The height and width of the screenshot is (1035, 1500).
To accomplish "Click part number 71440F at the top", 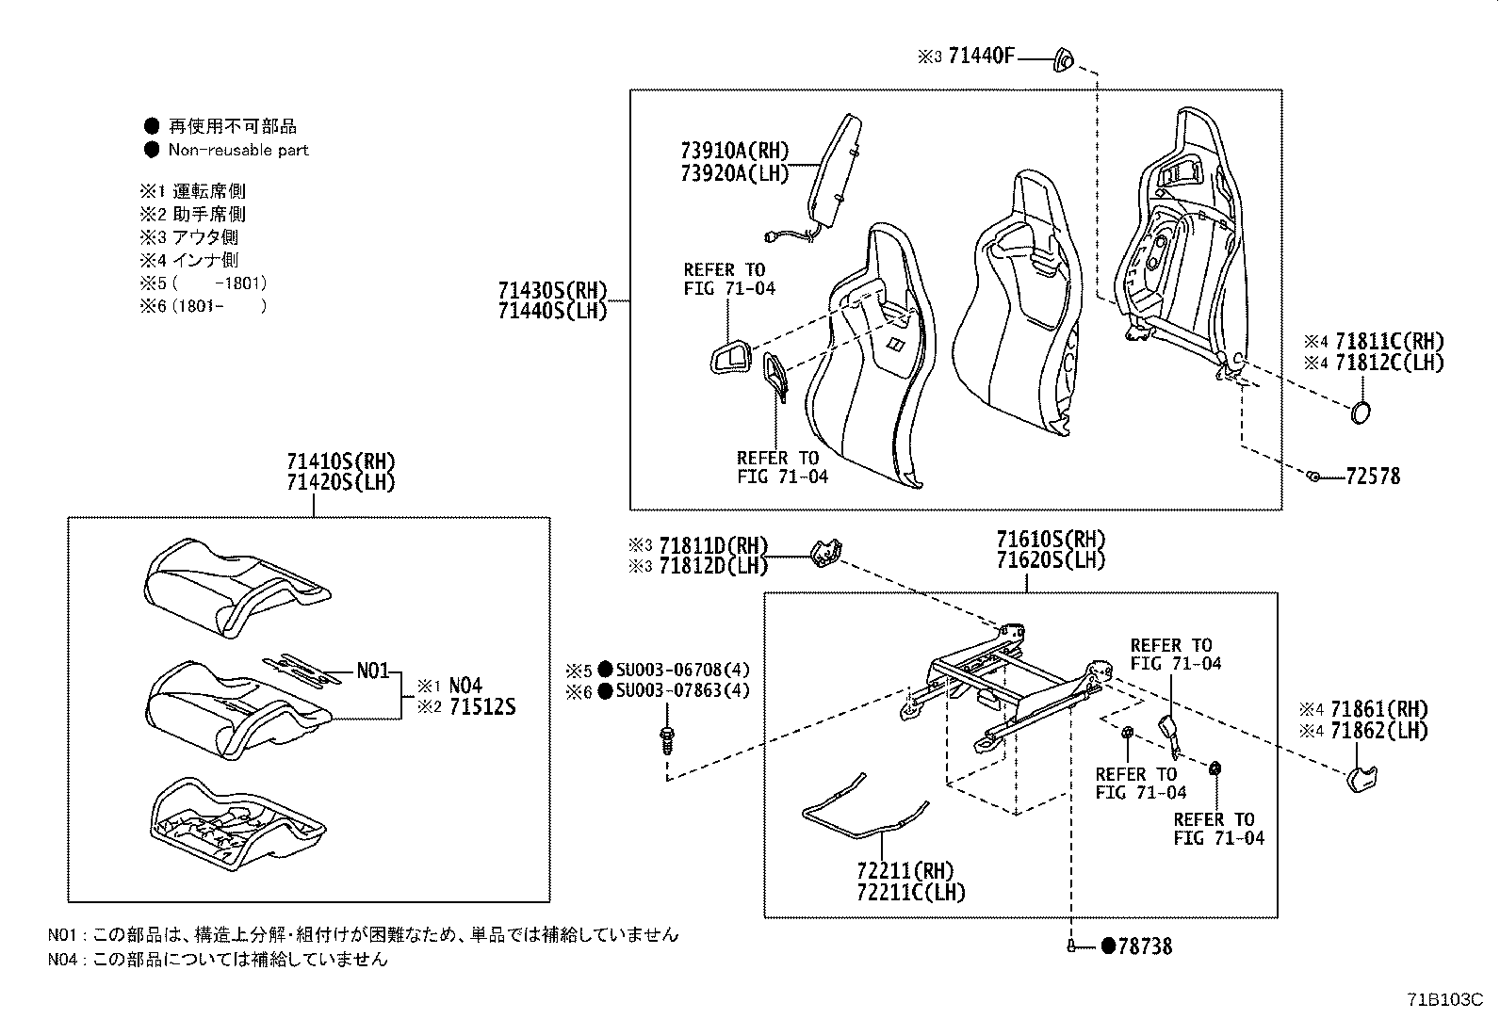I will tap(981, 57).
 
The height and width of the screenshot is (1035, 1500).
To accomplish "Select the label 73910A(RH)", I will tap(734, 151).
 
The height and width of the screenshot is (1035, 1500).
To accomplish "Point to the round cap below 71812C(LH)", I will tap(1360, 412).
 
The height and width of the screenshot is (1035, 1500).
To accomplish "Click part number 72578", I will tap(1373, 477).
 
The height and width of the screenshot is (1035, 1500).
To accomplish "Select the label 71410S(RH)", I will tap(341, 461).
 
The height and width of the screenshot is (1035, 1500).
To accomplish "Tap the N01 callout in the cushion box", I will tap(372, 671).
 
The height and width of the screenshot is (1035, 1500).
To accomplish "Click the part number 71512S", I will tap(481, 707).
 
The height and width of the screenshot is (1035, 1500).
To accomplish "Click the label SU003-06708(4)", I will tap(683, 671).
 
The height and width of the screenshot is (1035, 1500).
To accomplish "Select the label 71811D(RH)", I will tap(713, 546).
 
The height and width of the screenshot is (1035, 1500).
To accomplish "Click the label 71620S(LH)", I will tap(1051, 560).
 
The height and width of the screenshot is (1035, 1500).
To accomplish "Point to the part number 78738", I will tap(1145, 946).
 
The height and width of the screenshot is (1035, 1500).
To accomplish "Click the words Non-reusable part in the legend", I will tap(238, 150).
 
